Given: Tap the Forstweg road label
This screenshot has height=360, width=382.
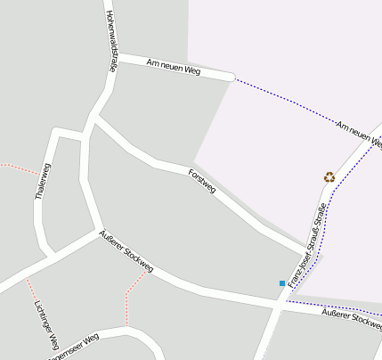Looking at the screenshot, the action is [203, 181].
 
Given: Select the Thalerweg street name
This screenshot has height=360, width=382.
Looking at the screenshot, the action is [39, 193].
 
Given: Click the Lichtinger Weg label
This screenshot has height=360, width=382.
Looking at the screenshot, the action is [46, 323].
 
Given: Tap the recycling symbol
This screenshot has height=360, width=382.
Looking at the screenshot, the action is [329, 177].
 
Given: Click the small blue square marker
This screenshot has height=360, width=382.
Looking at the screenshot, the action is [282, 283].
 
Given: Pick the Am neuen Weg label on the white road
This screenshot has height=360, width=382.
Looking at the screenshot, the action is [174, 68].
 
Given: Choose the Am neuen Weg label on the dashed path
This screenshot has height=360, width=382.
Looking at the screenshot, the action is [360, 134].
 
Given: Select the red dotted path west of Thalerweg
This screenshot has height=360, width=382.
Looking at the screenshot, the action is [18, 168].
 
